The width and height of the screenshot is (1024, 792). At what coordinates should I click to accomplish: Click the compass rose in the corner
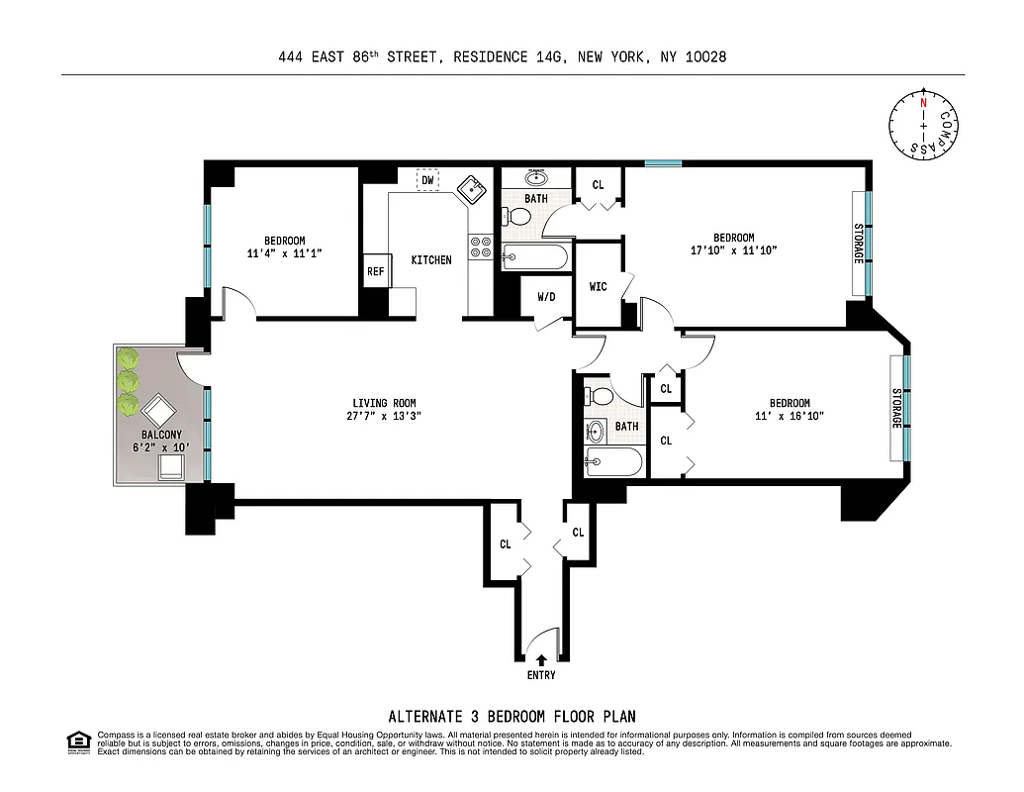click(923, 124)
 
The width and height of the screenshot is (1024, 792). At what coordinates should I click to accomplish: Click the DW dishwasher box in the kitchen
click(427, 180)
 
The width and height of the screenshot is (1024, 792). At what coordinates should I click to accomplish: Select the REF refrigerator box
click(376, 271)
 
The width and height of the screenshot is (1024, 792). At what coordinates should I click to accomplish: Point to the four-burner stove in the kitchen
click(480, 246)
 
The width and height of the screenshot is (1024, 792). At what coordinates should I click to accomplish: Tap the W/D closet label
click(547, 296)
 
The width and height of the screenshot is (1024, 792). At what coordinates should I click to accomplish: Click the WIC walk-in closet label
click(598, 287)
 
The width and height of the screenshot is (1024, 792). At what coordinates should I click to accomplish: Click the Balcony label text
click(159, 435)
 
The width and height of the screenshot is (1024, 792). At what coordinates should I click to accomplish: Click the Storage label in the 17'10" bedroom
click(858, 242)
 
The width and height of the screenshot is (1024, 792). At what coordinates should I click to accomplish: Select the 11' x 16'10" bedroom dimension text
click(790, 417)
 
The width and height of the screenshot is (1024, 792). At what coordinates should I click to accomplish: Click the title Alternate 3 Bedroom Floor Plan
click(512, 716)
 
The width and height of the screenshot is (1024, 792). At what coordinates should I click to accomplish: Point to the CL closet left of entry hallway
click(505, 544)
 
